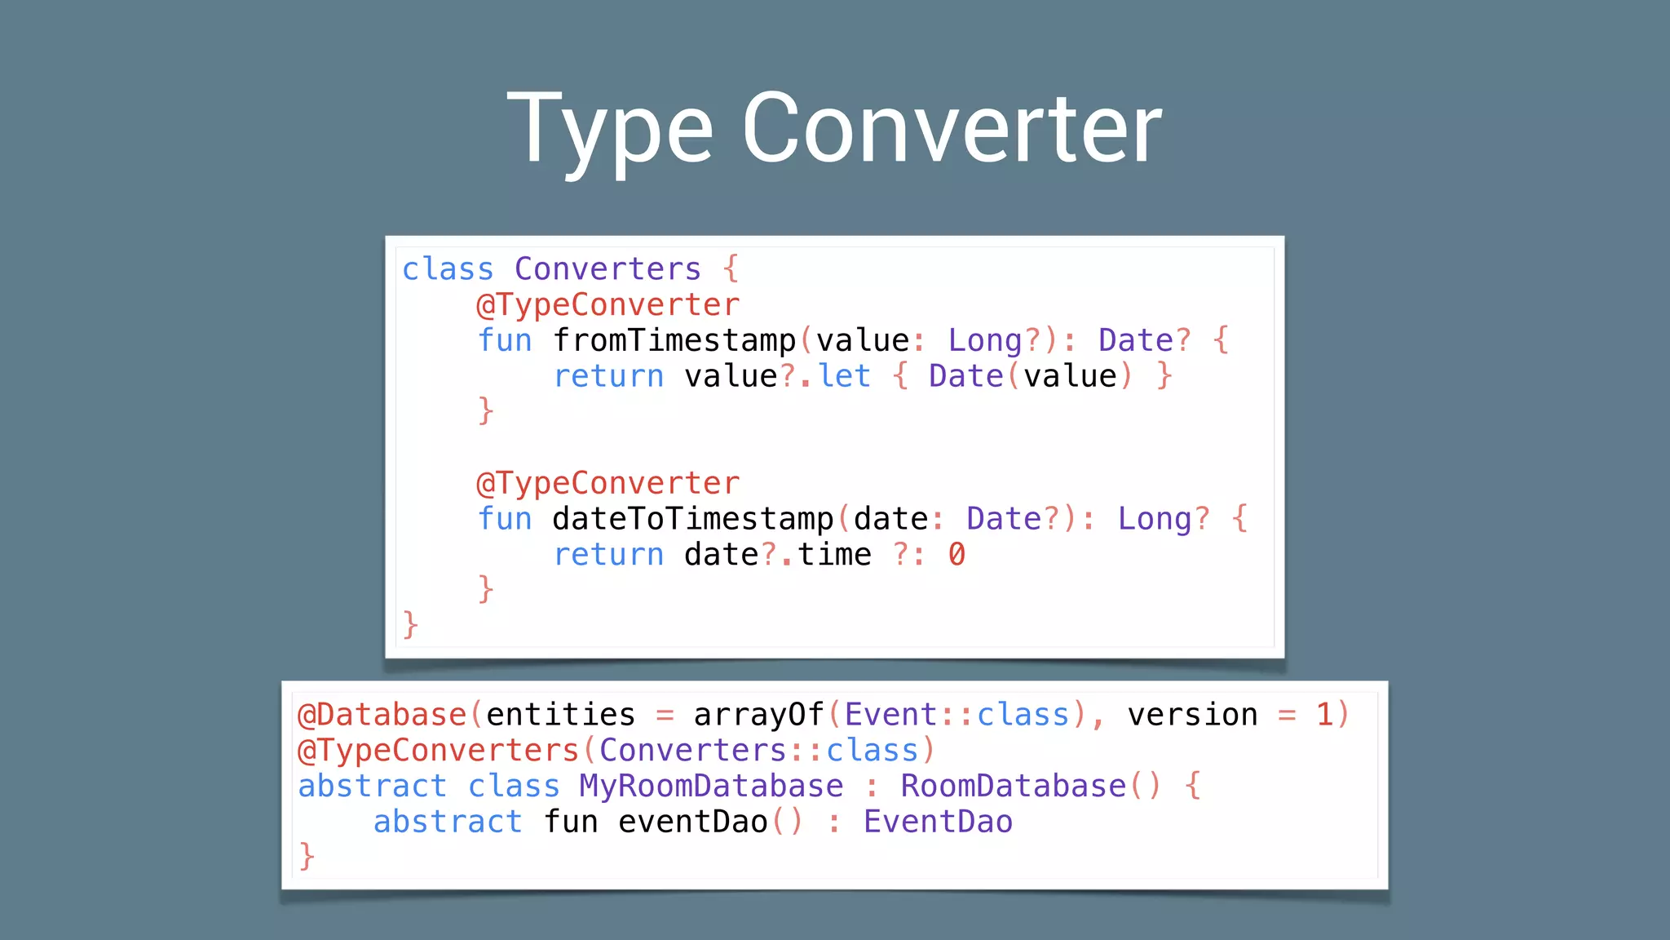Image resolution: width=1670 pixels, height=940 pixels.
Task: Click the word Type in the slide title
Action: click(610, 131)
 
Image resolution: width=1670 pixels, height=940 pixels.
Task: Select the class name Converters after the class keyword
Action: click(607, 269)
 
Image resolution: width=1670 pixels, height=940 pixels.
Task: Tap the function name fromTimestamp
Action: click(674, 340)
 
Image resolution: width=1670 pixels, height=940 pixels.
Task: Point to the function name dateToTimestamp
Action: click(692, 519)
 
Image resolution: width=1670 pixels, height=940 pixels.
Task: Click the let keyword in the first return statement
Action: click(845, 376)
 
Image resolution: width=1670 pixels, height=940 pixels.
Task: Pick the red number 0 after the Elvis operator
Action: click(956, 555)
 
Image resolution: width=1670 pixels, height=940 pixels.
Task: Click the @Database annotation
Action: click(382, 715)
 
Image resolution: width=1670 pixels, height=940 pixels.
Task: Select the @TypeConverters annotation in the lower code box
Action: click(438, 751)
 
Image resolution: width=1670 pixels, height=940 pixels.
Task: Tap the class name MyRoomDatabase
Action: click(711, 786)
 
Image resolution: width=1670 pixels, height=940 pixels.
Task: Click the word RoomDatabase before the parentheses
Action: click(1013, 786)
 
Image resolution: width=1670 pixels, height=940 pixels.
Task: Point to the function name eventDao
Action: click(693, 822)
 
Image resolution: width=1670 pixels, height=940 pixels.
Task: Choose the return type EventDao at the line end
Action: click(938, 822)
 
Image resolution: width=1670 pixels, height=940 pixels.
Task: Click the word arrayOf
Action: click(758, 715)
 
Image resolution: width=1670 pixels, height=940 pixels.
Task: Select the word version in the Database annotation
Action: click(1192, 715)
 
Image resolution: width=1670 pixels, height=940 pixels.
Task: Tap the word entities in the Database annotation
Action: click(560, 715)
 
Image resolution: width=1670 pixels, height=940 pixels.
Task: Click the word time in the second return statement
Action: click(834, 555)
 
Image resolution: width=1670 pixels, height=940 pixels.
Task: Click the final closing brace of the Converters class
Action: click(410, 625)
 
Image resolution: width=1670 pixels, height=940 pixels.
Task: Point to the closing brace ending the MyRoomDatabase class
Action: click(307, 857)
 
